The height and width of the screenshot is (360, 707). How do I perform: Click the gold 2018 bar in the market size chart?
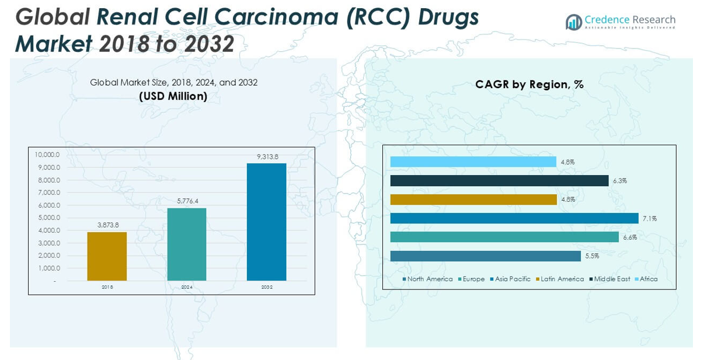pos(107,256)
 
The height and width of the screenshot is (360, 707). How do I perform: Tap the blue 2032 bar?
pos(266,222)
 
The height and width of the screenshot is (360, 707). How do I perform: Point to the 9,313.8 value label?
pos(267,156)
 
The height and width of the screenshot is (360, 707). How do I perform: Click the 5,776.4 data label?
pos(187,201)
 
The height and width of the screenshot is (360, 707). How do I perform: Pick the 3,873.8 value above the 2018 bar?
pos(107,225)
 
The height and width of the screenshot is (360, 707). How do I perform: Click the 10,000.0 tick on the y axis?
pos(47,155)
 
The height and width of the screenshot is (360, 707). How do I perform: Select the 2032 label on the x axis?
pos(267,287)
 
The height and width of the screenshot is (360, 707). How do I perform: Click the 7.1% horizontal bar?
pos(514,218)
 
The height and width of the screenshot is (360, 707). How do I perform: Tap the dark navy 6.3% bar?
pos(499,181)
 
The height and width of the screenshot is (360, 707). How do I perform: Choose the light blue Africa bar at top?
pos(473,162)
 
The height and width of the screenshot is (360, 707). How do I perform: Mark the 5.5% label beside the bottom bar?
pos(591,256)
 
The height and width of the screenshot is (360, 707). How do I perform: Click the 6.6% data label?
pos(629,237)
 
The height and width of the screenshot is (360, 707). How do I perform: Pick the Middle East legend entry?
pos(612,279)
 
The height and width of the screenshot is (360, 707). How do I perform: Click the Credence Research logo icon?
pos(573,22)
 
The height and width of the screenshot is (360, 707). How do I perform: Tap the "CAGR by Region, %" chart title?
pos(529,84)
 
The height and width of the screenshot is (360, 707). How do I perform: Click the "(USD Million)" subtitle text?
pos(173,96)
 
